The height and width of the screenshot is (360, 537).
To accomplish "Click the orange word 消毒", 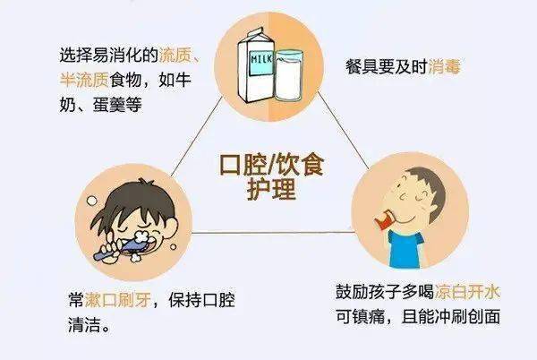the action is (444, 66).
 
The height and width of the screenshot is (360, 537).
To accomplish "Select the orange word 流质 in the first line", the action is (175, 55).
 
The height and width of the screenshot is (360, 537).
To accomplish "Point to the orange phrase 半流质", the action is (84, 80).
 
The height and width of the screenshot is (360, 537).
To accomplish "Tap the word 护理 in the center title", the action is (271, 189).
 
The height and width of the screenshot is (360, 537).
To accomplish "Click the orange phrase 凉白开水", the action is (467, 292).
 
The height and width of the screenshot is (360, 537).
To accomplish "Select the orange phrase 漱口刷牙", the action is (118, 300).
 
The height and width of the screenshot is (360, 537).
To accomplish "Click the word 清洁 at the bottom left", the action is (84, 324).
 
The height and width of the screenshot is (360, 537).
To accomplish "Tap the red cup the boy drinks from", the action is (385, 219).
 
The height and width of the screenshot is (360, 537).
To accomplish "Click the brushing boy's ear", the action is (170, 227).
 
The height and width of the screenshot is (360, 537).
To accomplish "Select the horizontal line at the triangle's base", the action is (273, 233).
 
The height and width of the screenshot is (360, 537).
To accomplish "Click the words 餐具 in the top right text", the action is (362, 66).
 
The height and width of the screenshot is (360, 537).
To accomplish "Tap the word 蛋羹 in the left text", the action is (109, 105).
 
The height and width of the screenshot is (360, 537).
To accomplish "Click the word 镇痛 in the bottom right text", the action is (368, 317).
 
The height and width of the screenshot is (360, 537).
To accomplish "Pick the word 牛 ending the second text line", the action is (183, 80).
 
